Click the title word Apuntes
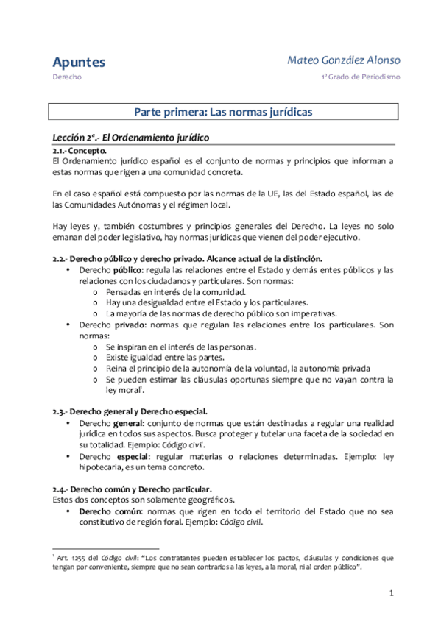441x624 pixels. [x=79, y=62]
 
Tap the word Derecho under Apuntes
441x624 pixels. [x=66, y=77]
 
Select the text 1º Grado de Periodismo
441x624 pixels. [x=360, y=77]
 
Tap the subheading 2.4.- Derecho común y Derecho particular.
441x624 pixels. [x=133, y=488]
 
